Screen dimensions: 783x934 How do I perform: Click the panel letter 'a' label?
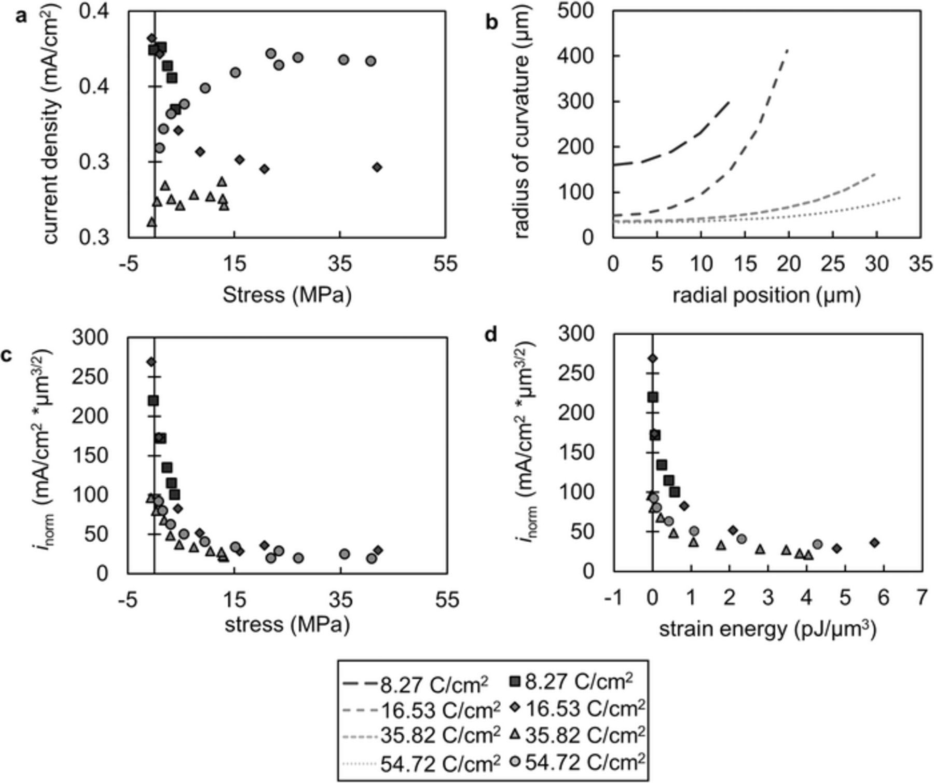[21, 17]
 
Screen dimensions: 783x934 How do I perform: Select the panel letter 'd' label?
[490, 336]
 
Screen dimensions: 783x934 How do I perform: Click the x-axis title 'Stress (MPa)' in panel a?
[287, 295]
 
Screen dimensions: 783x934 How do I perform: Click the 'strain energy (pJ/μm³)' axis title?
[767, 629]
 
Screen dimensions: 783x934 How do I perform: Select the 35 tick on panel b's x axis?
[921, 265]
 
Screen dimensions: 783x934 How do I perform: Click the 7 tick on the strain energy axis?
[921, 599]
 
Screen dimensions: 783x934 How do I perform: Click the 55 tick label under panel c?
[447, 600]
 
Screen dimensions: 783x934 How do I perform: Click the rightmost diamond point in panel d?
[874, 543]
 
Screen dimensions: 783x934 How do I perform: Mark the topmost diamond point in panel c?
[151, 362]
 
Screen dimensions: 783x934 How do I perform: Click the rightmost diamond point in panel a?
[377, 167]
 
